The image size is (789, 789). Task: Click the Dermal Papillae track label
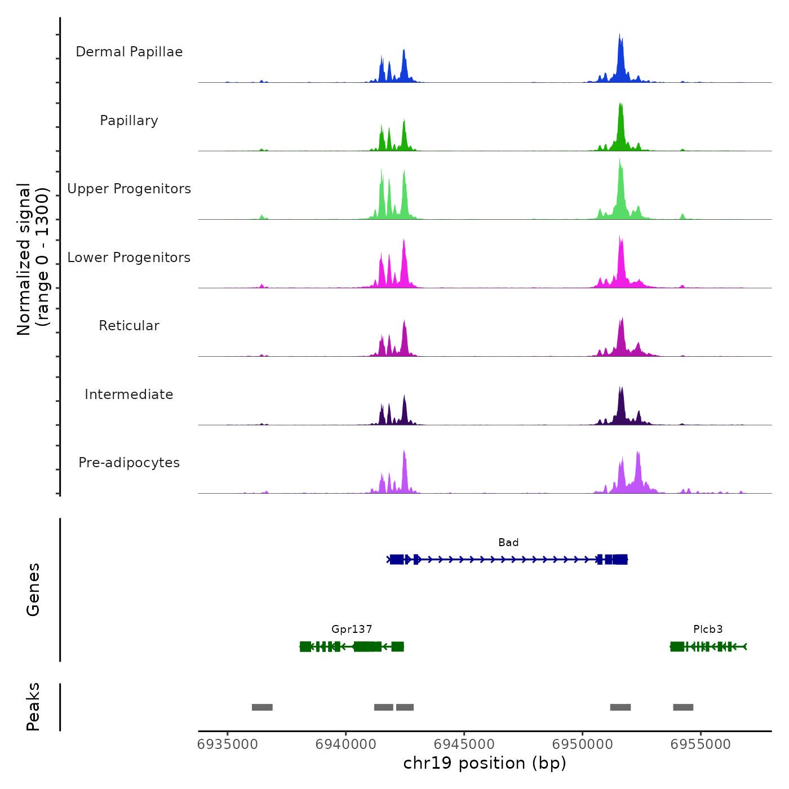pyautogui.click(x=129, y=52)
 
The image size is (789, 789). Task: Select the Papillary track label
pyautogui.click(x=129, y=121)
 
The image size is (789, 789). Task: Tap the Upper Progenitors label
pyautogui.click(x=129, y=189)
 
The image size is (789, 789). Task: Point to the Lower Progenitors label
pyautogui.click(x=129, y=258)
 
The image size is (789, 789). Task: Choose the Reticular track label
pyautogui.click(x=129, y=326)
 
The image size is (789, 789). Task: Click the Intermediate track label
pyautogui.click(x=129, y=394)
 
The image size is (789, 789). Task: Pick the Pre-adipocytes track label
pyautogui.click(x=129, y=463)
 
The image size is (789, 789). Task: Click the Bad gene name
pyautogui.click(x=508, y=543)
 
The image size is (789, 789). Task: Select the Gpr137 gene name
pyautogui.click(x=352, y=630)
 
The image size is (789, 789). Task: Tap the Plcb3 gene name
pyautogui.click(x=708, y=630)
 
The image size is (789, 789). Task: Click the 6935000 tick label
pyautogui.click(x=228, y=744)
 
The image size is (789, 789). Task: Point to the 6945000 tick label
pyautogui.click(x=464, y=744)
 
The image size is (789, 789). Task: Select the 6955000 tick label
pyautogui.click(x=701, y=744)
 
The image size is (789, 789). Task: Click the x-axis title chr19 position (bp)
pyautogui.click(x=485, y=764)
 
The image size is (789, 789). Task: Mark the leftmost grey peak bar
pyautogui.click(x=262, y=707)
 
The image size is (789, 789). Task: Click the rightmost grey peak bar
pyautogui.click(x=683, y=707)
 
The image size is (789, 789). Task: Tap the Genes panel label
pyautogui.click(x=33, y=589)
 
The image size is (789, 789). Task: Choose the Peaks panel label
pyautogui.click(x=33, y=707)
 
